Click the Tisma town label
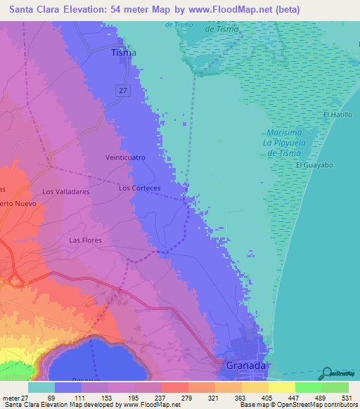[x=124, y=53]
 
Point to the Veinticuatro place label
[x=124, y=158]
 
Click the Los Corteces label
[x=140, y=188]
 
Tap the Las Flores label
[x=85, y=240]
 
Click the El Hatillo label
[x=337, y=114]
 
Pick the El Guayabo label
[x=313, y=165]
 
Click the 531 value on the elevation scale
[x=345, y=398]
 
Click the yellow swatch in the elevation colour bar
[x=282, y=387]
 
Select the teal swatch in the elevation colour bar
[x=41, y=387]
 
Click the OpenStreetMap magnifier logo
[x=327, y=373]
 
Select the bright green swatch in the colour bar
[x=309, y=387]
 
